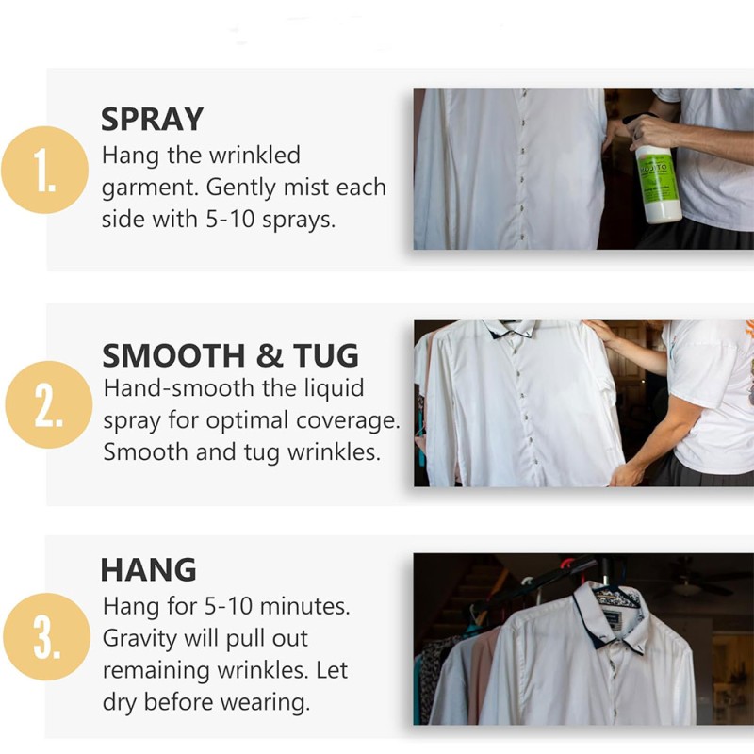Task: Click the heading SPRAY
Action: click(152, 120)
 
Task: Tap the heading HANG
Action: click(148, 569)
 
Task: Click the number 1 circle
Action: click(46, 170)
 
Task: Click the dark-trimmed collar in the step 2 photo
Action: click(510, 327)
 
